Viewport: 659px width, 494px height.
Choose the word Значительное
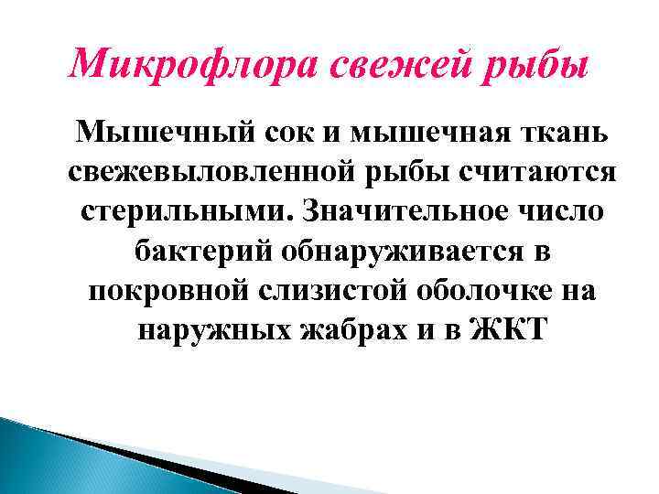point(400,213)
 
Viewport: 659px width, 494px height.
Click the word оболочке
point(486,291)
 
